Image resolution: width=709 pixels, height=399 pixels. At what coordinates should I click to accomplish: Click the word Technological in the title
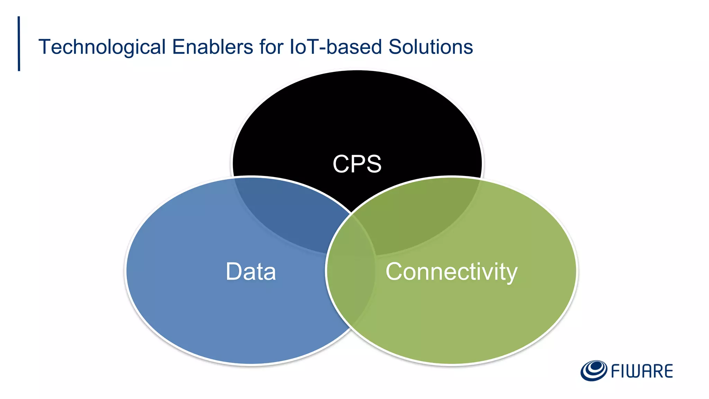point(102,47)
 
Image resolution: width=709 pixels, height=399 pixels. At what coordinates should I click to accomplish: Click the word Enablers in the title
point(213,47)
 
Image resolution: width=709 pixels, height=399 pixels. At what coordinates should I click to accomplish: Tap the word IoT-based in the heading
point(335,47)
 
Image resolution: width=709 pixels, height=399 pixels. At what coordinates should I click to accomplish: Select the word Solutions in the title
point(430,47)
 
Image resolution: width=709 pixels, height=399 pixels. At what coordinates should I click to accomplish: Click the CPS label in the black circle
point(357,164)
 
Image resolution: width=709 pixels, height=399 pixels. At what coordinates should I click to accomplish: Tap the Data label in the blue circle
point(251,272)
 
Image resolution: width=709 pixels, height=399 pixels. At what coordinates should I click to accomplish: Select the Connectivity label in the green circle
point(451,272)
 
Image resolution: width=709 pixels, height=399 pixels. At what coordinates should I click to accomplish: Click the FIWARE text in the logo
point(642,371)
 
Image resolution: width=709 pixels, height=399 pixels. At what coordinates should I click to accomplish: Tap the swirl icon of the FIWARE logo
point(593,371)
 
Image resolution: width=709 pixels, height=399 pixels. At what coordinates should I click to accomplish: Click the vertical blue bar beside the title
point(19,44)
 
